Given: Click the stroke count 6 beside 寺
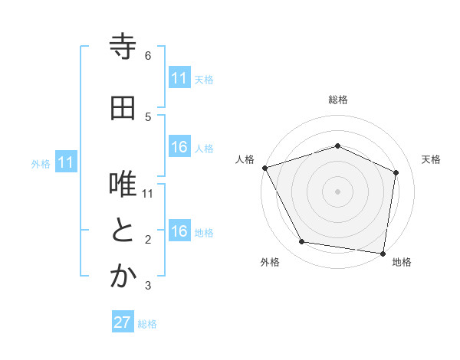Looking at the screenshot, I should [148, 56].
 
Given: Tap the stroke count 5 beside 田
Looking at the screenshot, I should [148, 116].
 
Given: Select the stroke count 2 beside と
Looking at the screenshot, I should [148, 240].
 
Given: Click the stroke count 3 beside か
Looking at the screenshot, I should [148, 286].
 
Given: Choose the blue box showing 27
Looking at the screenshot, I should [123, 322].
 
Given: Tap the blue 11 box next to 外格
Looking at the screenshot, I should [66, 162].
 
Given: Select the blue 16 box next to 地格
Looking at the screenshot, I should [179, 231].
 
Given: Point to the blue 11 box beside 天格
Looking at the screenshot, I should [179, 78].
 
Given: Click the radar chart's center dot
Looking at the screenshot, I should [337, 191].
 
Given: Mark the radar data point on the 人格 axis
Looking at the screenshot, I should [264, 168].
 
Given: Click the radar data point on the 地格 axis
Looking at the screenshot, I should [383, 253].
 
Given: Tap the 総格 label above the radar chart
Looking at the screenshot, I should [337, 100].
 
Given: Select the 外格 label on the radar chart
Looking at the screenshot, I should [270, 263].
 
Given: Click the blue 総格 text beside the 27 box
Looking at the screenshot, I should [147, 324].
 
